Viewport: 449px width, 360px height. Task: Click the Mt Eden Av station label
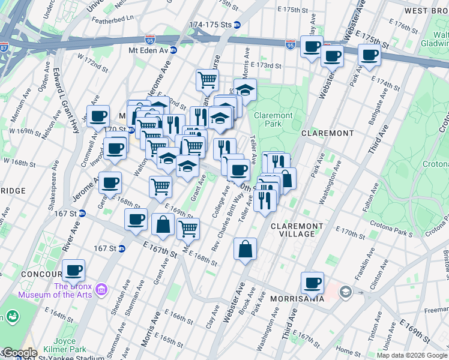click(x=146, y=50)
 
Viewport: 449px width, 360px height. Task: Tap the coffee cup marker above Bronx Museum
click(x=74, y=270)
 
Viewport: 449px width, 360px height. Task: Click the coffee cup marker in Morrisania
click(x=312, y=282)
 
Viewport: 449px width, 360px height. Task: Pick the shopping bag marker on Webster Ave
click(x=246, y=248)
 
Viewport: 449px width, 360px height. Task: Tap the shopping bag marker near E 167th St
click(x=163, y=225)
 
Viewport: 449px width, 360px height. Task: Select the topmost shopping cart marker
click(x=207, y=79)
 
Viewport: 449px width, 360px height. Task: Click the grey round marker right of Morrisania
click(x=345, y=292)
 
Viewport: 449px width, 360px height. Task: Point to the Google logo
click(x=19, y=353)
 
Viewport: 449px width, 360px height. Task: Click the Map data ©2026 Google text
click(x=412, y=355)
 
